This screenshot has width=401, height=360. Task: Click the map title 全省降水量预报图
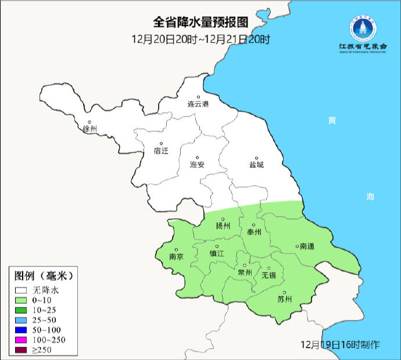[201, 23]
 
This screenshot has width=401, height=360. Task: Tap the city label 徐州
[90, 129]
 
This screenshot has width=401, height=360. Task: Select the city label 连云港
[198, 105]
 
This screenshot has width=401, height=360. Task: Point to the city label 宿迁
[161, 151]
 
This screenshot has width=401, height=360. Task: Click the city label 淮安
[198, 165]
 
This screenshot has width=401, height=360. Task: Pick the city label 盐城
[256, 165]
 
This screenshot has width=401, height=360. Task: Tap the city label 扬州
[223, 226]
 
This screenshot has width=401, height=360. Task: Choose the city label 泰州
[254, 231]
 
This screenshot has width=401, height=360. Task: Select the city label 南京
[176, 256]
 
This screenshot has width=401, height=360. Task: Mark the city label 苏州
[284, 300]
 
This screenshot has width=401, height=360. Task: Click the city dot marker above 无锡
[269, 268]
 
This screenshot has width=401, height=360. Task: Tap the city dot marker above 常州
[245, 265]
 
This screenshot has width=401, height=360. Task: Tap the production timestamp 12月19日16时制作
[341, 345]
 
